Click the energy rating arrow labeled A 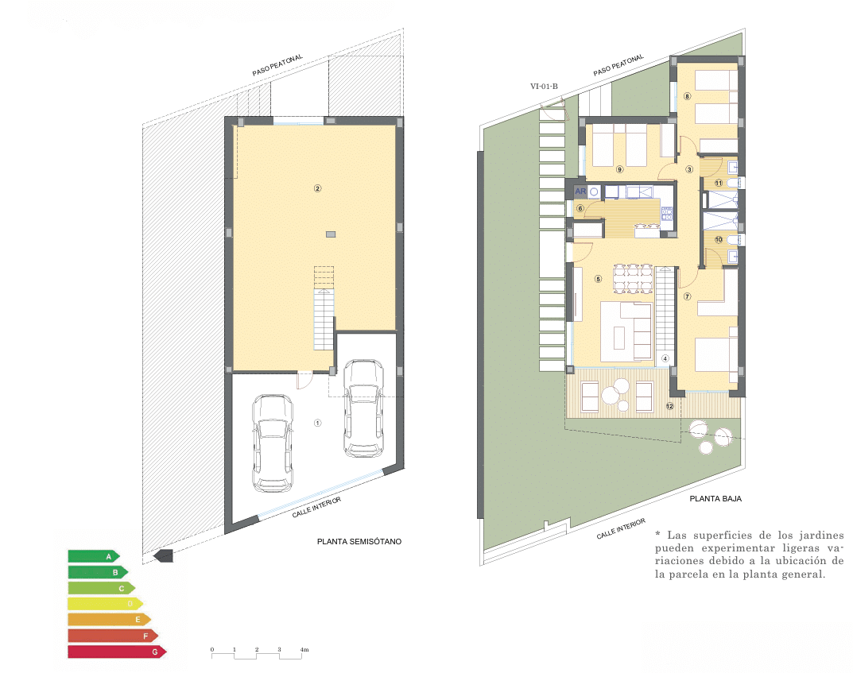click(94, 556)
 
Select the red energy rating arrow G click(116, 652)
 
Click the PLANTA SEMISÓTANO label click(359, 542)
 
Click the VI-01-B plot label click(545, 87)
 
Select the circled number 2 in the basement click(317, 188)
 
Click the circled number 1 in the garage click(317, 423)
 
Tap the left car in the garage click(272, 442)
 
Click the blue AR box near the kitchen click(580, 192)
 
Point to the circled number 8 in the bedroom click(688, 97)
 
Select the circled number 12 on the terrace click(669, 406)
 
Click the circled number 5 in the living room click(598, 279)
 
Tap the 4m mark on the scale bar click(304, 650)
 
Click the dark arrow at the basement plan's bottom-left click(163, 555)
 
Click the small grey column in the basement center click(330, 234)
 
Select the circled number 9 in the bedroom click(619, 169)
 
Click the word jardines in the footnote click(823, 535)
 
